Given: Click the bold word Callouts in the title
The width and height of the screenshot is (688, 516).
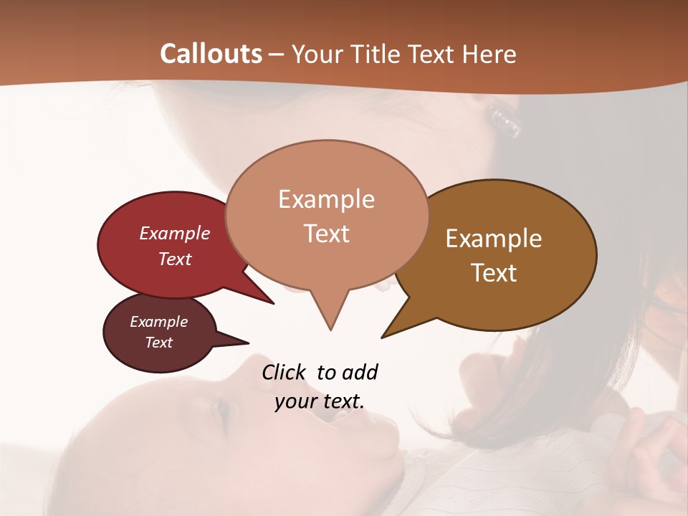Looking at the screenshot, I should tap(211, 54).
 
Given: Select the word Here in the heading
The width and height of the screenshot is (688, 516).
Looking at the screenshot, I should tap(488, 54).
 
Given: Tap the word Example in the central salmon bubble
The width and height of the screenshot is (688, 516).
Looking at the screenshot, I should tap(326, 199).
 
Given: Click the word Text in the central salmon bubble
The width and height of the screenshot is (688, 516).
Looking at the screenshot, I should tap(326, 234).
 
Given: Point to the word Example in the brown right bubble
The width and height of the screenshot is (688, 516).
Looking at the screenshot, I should tap(494, 239).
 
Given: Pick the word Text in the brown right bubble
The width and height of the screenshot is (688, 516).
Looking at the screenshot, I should tap(494, 273).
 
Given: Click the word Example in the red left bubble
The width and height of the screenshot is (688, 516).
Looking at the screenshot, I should tap(175, 234).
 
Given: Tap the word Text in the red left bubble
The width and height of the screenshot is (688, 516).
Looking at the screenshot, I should tap(175, 259).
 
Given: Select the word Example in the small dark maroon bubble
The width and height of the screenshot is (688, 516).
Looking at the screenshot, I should tap(158, 322).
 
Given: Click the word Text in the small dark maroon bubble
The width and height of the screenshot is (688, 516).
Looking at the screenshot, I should tap(158, 343).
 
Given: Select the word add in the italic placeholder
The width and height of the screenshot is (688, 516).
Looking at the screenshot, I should tap(360, 373).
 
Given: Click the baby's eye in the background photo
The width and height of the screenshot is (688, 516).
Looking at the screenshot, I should tap(223, 411).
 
